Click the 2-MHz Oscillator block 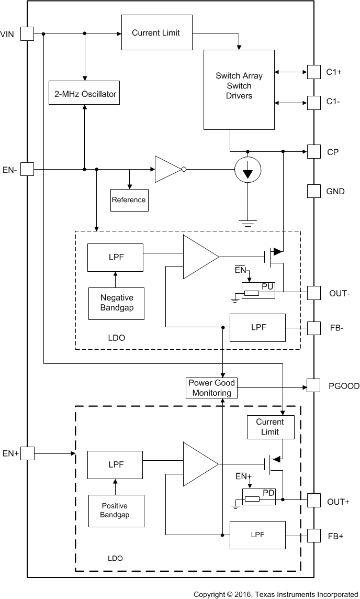[84, 95]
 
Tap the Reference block [129, 199]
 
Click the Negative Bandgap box [116, 303]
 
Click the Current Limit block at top [155, 33]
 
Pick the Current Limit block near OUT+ [270, 427]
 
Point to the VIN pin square [27, 34]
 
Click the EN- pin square [27, 169]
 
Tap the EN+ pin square [27, 453]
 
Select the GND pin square [313, 191]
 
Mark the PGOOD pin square [313, 385]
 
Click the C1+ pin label [335, 72]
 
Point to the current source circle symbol [248, 170]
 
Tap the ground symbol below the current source [248, 223]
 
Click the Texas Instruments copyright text [275, 594]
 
